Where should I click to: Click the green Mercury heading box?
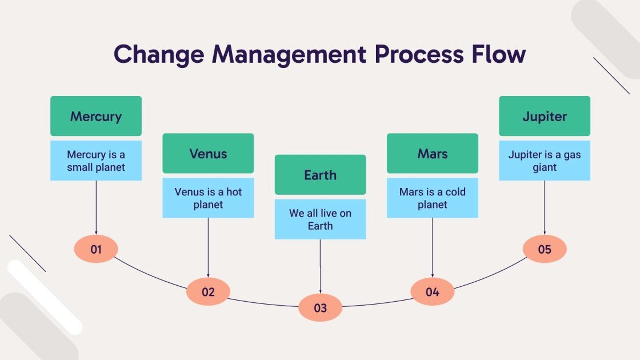[x=96, y=116]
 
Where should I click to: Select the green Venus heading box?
[x=208, y=153]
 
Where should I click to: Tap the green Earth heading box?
[x=320, y=174]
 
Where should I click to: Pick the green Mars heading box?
[x=432, y=153]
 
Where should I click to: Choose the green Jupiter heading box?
[x=544, y=116]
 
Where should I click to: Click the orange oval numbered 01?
[x=96, y=249]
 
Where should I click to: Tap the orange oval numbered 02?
[x=208, y=292]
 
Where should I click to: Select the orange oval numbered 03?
[x=320, y=308]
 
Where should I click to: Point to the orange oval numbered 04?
[x=432, y=292]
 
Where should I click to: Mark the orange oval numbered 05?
[x=544, y=249]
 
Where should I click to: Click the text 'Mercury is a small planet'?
[x=96, y=161]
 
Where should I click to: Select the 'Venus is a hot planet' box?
[x=208, y=198]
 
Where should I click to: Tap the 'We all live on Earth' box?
[x=320, y=219]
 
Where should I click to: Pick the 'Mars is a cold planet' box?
[x=432, y=198]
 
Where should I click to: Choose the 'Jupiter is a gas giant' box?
[x=544, y=161]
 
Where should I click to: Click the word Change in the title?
[x=158, y=54]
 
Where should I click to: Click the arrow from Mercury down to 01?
[x=96, y=209]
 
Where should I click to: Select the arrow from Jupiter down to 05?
[x=544, y=209]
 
